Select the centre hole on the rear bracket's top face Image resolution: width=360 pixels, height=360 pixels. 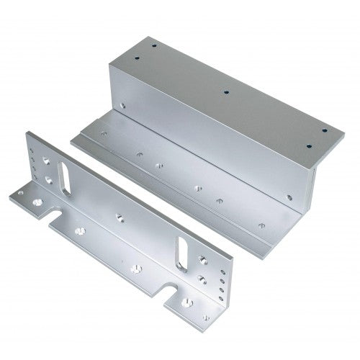227,92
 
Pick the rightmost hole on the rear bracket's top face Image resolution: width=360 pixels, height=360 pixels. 324,130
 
